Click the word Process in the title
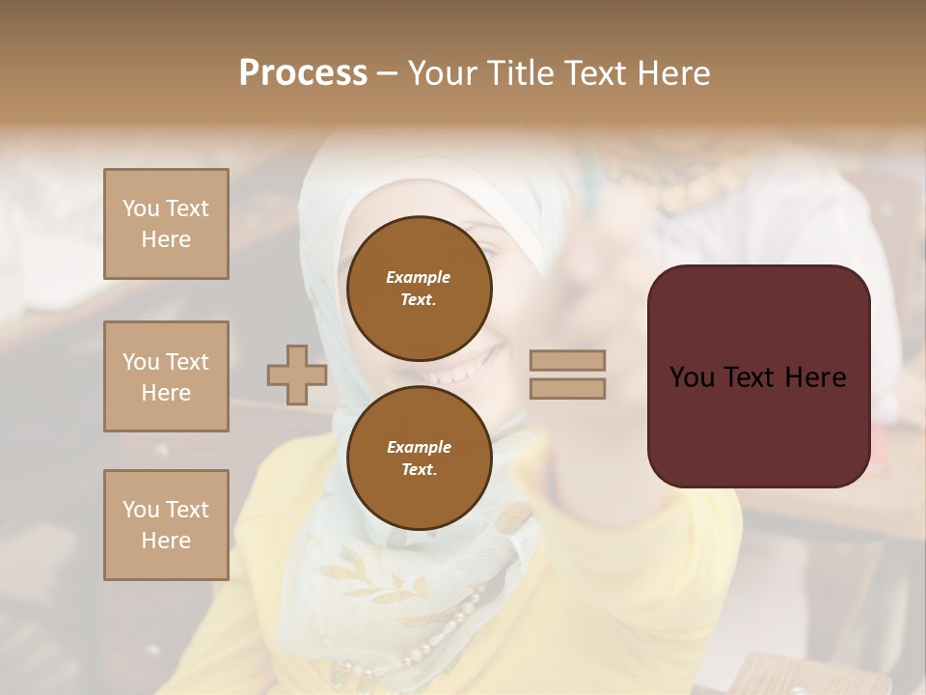[303, 73]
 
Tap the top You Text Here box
[166, 224]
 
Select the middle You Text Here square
[166, 376]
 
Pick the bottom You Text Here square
[166, 525]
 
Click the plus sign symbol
[297, 375]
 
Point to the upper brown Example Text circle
[419, 289]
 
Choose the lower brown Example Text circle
[419, 459]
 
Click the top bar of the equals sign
[567, 360]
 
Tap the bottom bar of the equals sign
[567, 388]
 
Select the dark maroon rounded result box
[758, 425]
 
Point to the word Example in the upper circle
[419, 277]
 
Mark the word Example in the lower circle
[419, 447]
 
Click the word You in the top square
[140, 208]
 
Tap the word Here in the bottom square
[166, 541]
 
